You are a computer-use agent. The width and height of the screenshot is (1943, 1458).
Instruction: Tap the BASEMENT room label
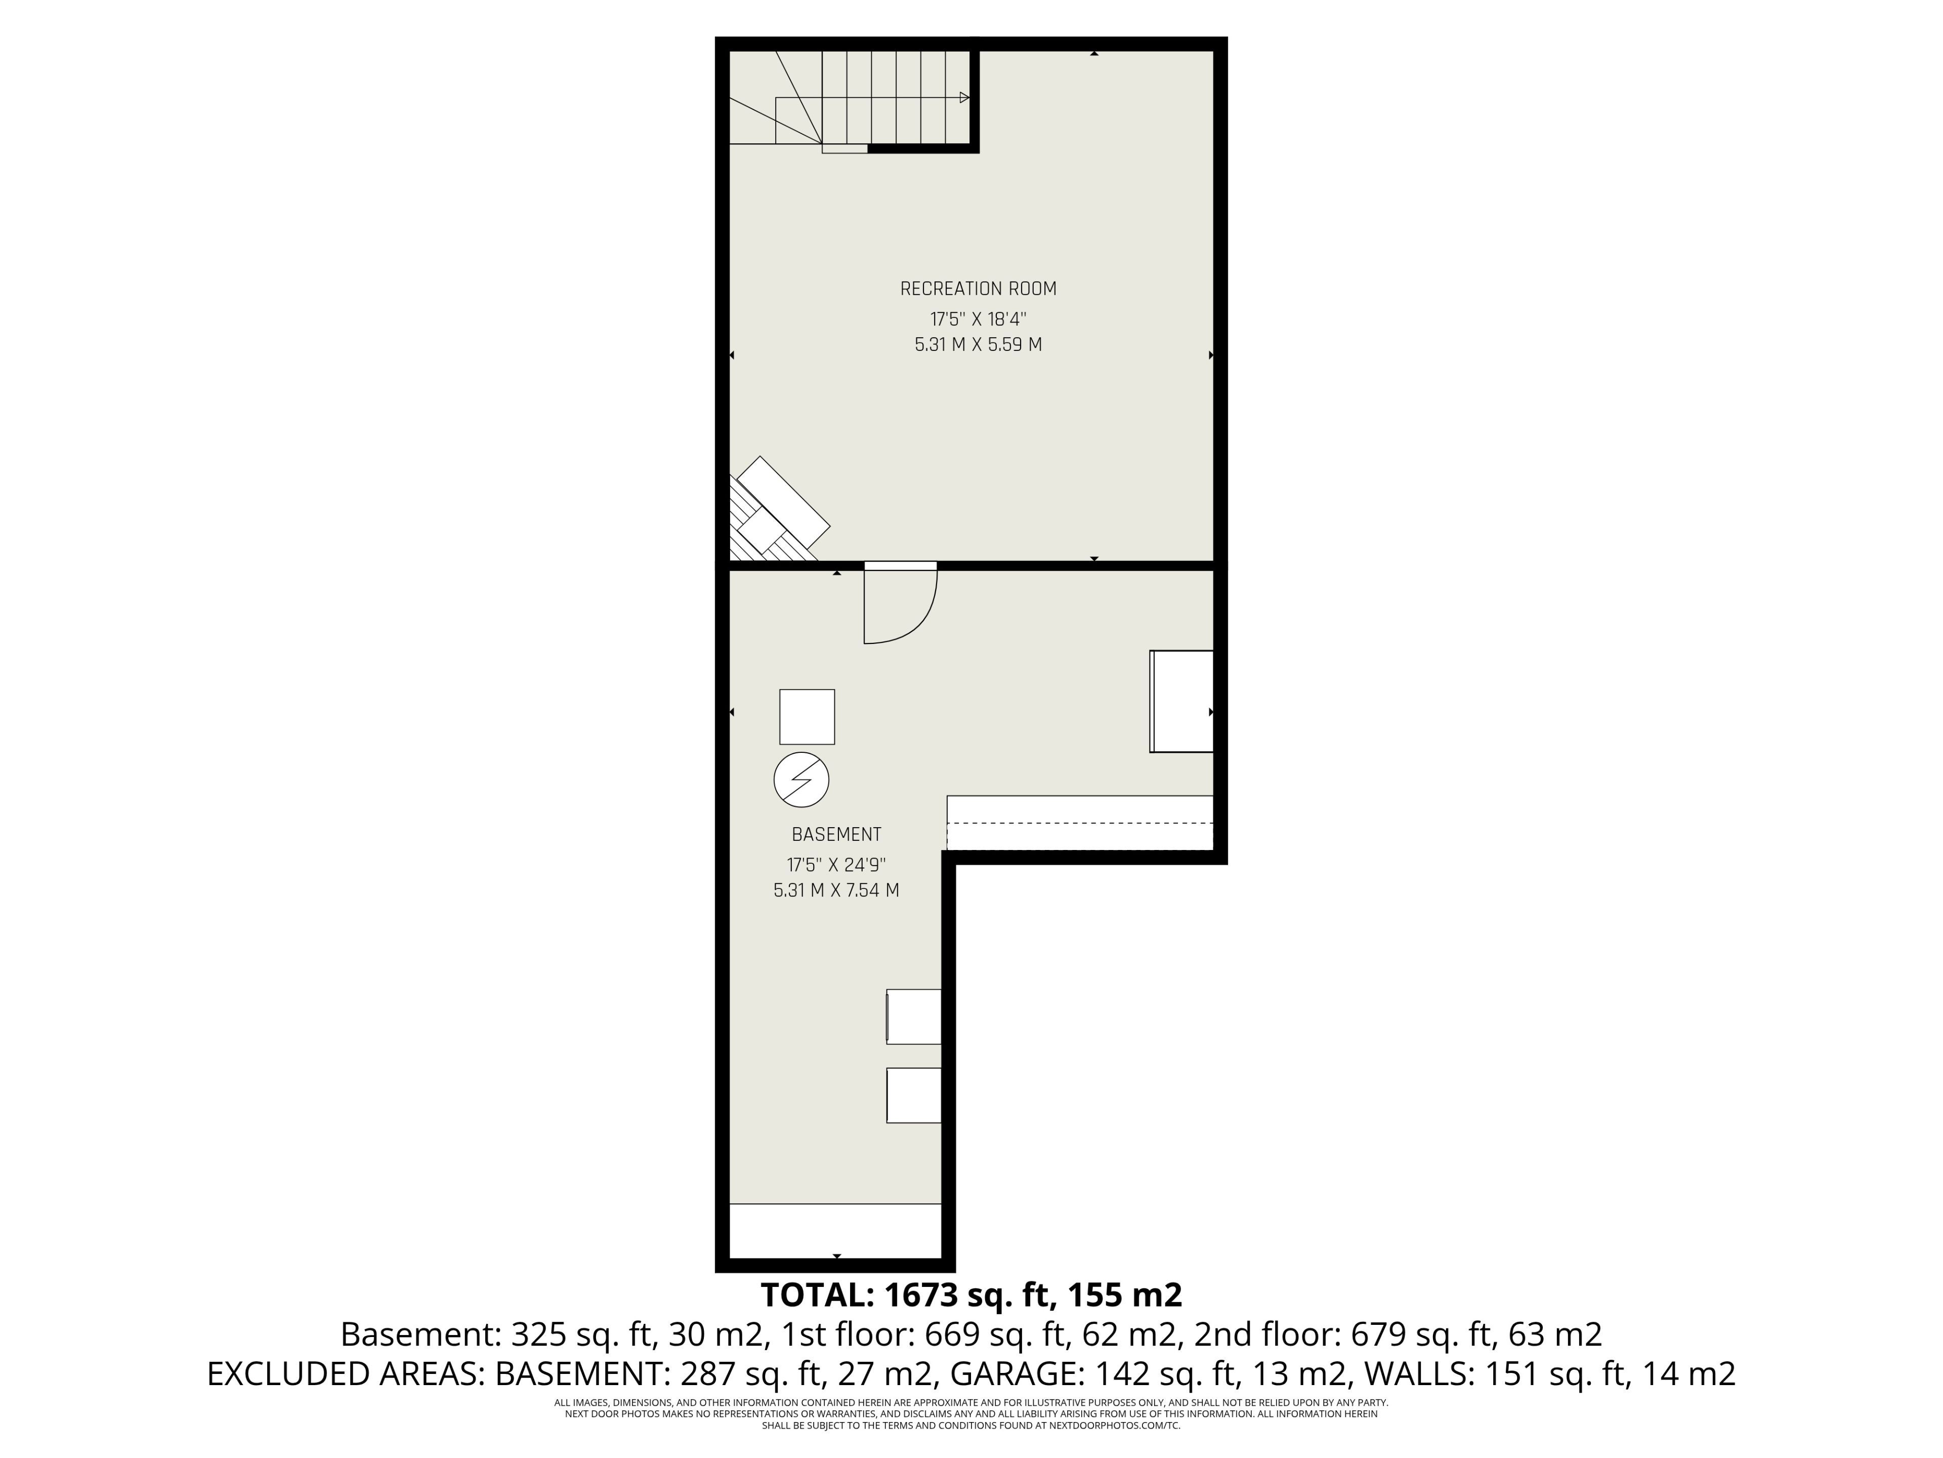point(836,834)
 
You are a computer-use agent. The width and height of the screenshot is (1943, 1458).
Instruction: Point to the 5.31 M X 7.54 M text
point(836,890)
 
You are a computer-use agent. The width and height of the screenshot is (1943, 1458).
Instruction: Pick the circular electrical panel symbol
point(801,780)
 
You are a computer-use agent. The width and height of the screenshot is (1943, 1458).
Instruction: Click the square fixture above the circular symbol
point(807,717)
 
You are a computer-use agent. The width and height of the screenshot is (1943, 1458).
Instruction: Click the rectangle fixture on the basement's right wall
point(1181,701)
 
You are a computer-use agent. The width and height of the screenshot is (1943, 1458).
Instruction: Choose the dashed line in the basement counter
point(1080,824)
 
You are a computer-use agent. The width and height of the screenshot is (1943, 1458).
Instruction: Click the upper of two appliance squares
point(913,1017)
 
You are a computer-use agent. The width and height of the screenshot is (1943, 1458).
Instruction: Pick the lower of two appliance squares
point(913,1095)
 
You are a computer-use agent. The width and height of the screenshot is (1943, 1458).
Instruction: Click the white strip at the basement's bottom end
point(835,1230)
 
